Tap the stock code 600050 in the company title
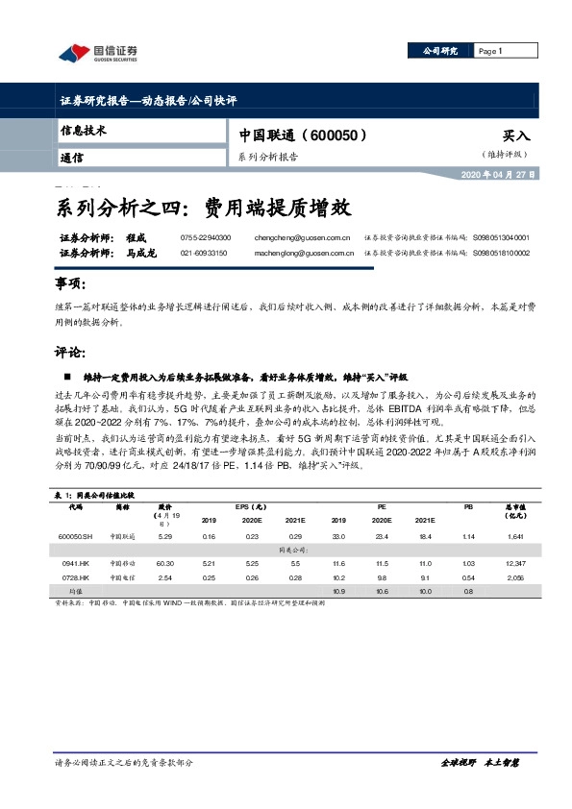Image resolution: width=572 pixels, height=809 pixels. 331,136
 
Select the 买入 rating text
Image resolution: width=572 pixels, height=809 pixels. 516,137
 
